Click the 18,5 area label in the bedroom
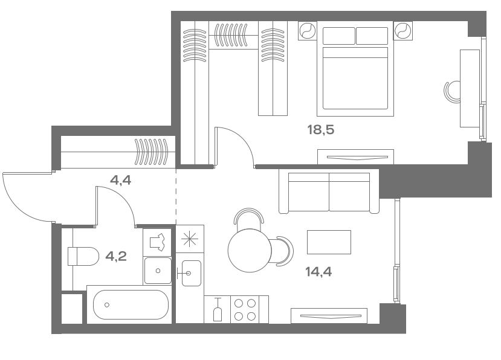tap(320, 130)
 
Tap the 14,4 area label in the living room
tap(318, 272)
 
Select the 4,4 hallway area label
tap(120, 181)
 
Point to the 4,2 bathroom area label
tap(116, 256)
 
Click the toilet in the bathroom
tap(83, 256)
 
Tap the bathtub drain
tap(107, 305)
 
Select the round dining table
tap(250, 251)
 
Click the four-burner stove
tap(245, 309)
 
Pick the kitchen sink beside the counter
tap(192, 273)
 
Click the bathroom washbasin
tap(158, 271)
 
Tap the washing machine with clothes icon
tap(157, 242)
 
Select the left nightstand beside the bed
tap(308, 31)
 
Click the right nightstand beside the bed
tap(403, 31)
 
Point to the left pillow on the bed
tap(338, 36)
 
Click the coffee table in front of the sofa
tap(329, 242)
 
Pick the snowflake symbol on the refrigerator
tap(190, 239)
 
